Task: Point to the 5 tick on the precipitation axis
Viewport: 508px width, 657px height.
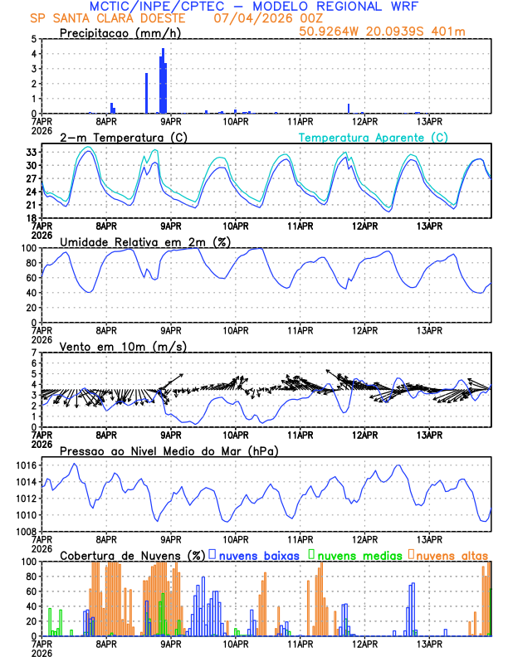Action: coord(33,39)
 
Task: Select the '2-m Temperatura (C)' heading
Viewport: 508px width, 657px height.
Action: coord(124,137)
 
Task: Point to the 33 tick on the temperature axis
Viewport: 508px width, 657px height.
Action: coord(31,153)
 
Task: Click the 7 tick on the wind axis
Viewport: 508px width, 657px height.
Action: coord(33,353)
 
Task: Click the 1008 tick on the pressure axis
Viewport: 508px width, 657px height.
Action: coord(25,531)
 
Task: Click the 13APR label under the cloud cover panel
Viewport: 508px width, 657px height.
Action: coord(428,643)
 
